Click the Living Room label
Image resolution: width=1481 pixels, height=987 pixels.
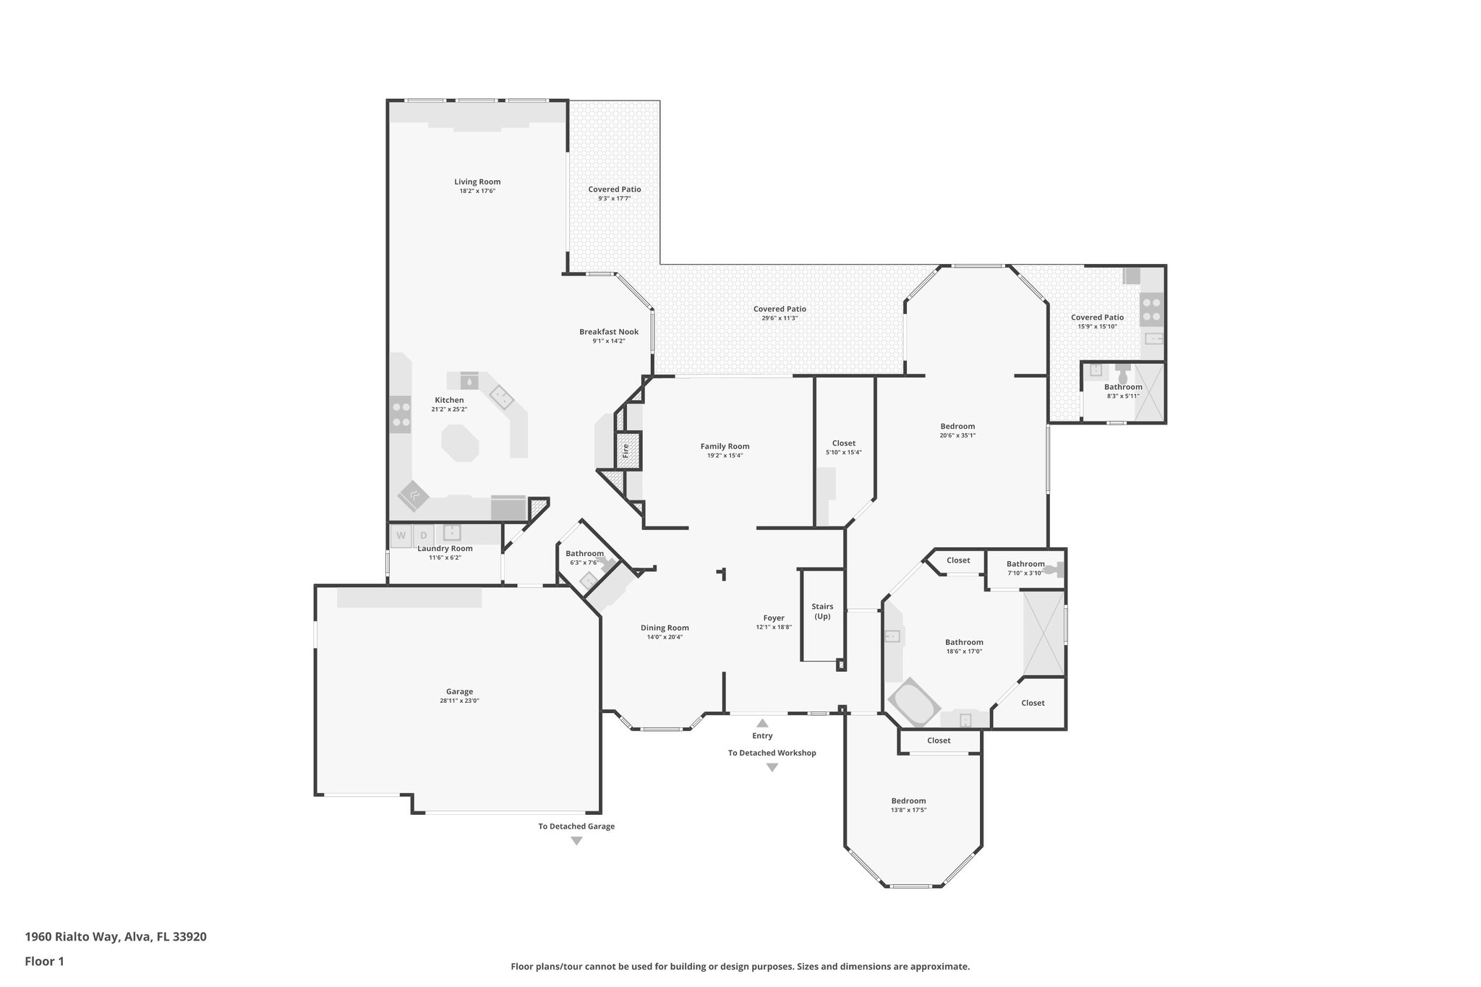pyautogui.click(x=477, y=182)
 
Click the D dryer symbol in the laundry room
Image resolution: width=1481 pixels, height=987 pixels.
pyautogui.click(x=424, y=536)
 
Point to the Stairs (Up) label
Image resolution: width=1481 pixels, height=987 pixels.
pyautogui.click(x=822, y=612)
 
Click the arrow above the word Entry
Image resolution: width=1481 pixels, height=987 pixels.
pyautogui.click(x=762, y=722)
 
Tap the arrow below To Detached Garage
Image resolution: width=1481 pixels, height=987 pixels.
pyautogui.click(x=576, y=841)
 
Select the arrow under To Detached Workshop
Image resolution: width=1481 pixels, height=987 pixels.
pyautogui.click(x=772, y=768)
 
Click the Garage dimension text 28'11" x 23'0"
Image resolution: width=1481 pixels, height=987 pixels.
pyautogui.click(x=459, y=701)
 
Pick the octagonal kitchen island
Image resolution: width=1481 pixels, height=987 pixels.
pyautogui.click(x=460, y=443)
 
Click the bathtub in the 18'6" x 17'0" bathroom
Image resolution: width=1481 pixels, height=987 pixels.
pyautogui.click(x=913, y=701)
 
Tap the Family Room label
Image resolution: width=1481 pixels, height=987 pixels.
pyautogui.click(x=725, y=446)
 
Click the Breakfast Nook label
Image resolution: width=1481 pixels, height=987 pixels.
pyautogui.click(x=608, y=332)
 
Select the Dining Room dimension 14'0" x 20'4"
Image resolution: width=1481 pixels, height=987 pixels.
pyautogui.click(x=665, y=637)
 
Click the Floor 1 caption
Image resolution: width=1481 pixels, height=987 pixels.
pyautogui.click(x=45, y=962)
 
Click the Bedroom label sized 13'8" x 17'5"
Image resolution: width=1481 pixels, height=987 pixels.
pyautogui.click(x=908, y=800)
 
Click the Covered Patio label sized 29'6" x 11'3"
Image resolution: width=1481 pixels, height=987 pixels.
pyautogui.click(x=780, y=309)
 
